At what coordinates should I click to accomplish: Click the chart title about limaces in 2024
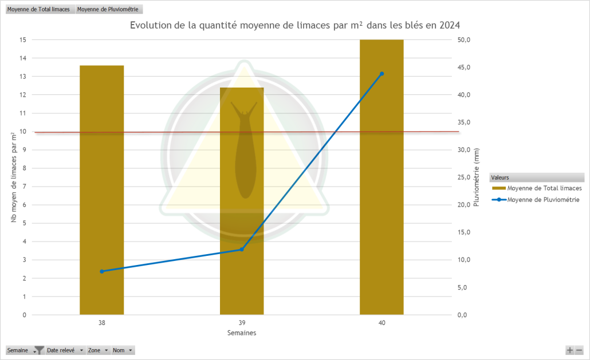click(x=294, y=25)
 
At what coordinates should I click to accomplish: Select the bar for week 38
click(x=101, y=189)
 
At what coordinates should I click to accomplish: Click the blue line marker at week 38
click(x=102, y=271)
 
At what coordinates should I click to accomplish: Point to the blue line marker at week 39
click(x=242, y=250)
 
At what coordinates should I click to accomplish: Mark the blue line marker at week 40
click(x=381, y=74)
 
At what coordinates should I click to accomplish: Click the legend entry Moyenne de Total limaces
click(x=544, y=188)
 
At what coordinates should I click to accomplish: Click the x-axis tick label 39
click(x=242, y=323)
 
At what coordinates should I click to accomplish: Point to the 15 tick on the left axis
click(x=23, y=39)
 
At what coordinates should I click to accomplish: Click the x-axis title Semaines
click(x=242, y=333)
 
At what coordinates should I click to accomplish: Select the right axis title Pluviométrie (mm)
click(x=477, y=177)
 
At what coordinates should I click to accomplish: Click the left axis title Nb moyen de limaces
click(x=13, y=177)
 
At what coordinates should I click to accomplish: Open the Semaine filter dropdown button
click(x=38, y=350)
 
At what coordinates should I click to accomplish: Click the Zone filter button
click(x=98, y=350)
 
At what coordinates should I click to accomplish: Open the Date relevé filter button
click(x=65, y=350)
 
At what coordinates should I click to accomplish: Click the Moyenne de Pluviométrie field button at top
click(x=108, y=10)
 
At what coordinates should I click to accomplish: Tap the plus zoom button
click(x=570, y=350)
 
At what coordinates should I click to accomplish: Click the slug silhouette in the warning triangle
click(x=245, y=152)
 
